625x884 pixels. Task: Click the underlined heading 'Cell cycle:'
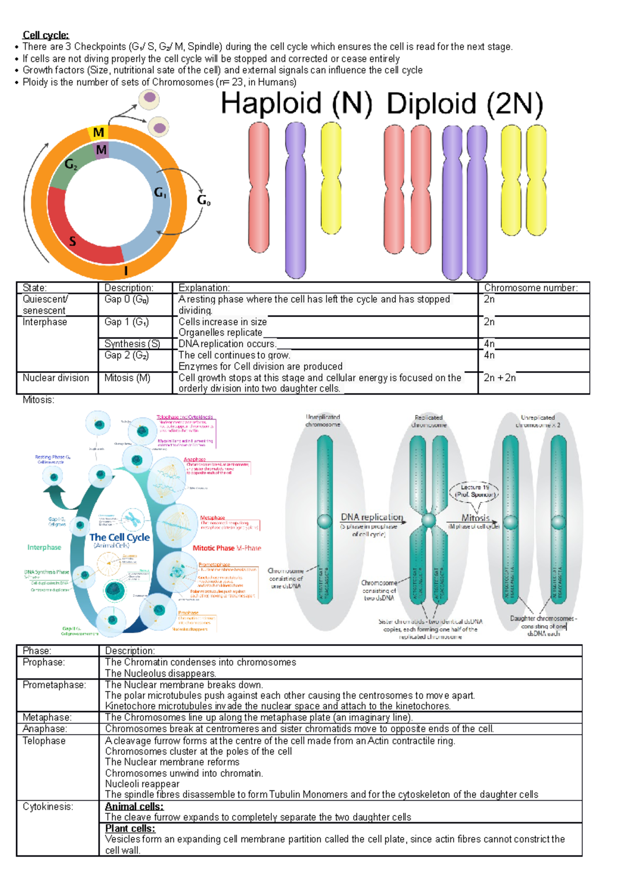(x=46, y=35)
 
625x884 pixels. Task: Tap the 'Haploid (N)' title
(x=297, y=104)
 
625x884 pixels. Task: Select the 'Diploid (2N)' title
(x=465, y=104)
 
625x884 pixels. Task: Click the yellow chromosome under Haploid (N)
(x=331, y=178)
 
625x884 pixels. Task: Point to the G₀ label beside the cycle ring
(x=204, y=200)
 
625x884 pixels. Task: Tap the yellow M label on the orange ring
(x=98, y=133)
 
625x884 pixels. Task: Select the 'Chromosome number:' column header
(x=531, y=288)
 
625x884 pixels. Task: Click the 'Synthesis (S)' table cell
(x=132, y=344)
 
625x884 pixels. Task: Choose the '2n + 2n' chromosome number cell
(x=499, y=378)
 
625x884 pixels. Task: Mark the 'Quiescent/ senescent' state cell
(x=45, y=305)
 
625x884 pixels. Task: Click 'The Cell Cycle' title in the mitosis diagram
(x=119, y=537)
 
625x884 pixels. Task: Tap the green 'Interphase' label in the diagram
(x=44, y=547)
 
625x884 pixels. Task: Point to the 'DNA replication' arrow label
(x=372, y=517)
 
